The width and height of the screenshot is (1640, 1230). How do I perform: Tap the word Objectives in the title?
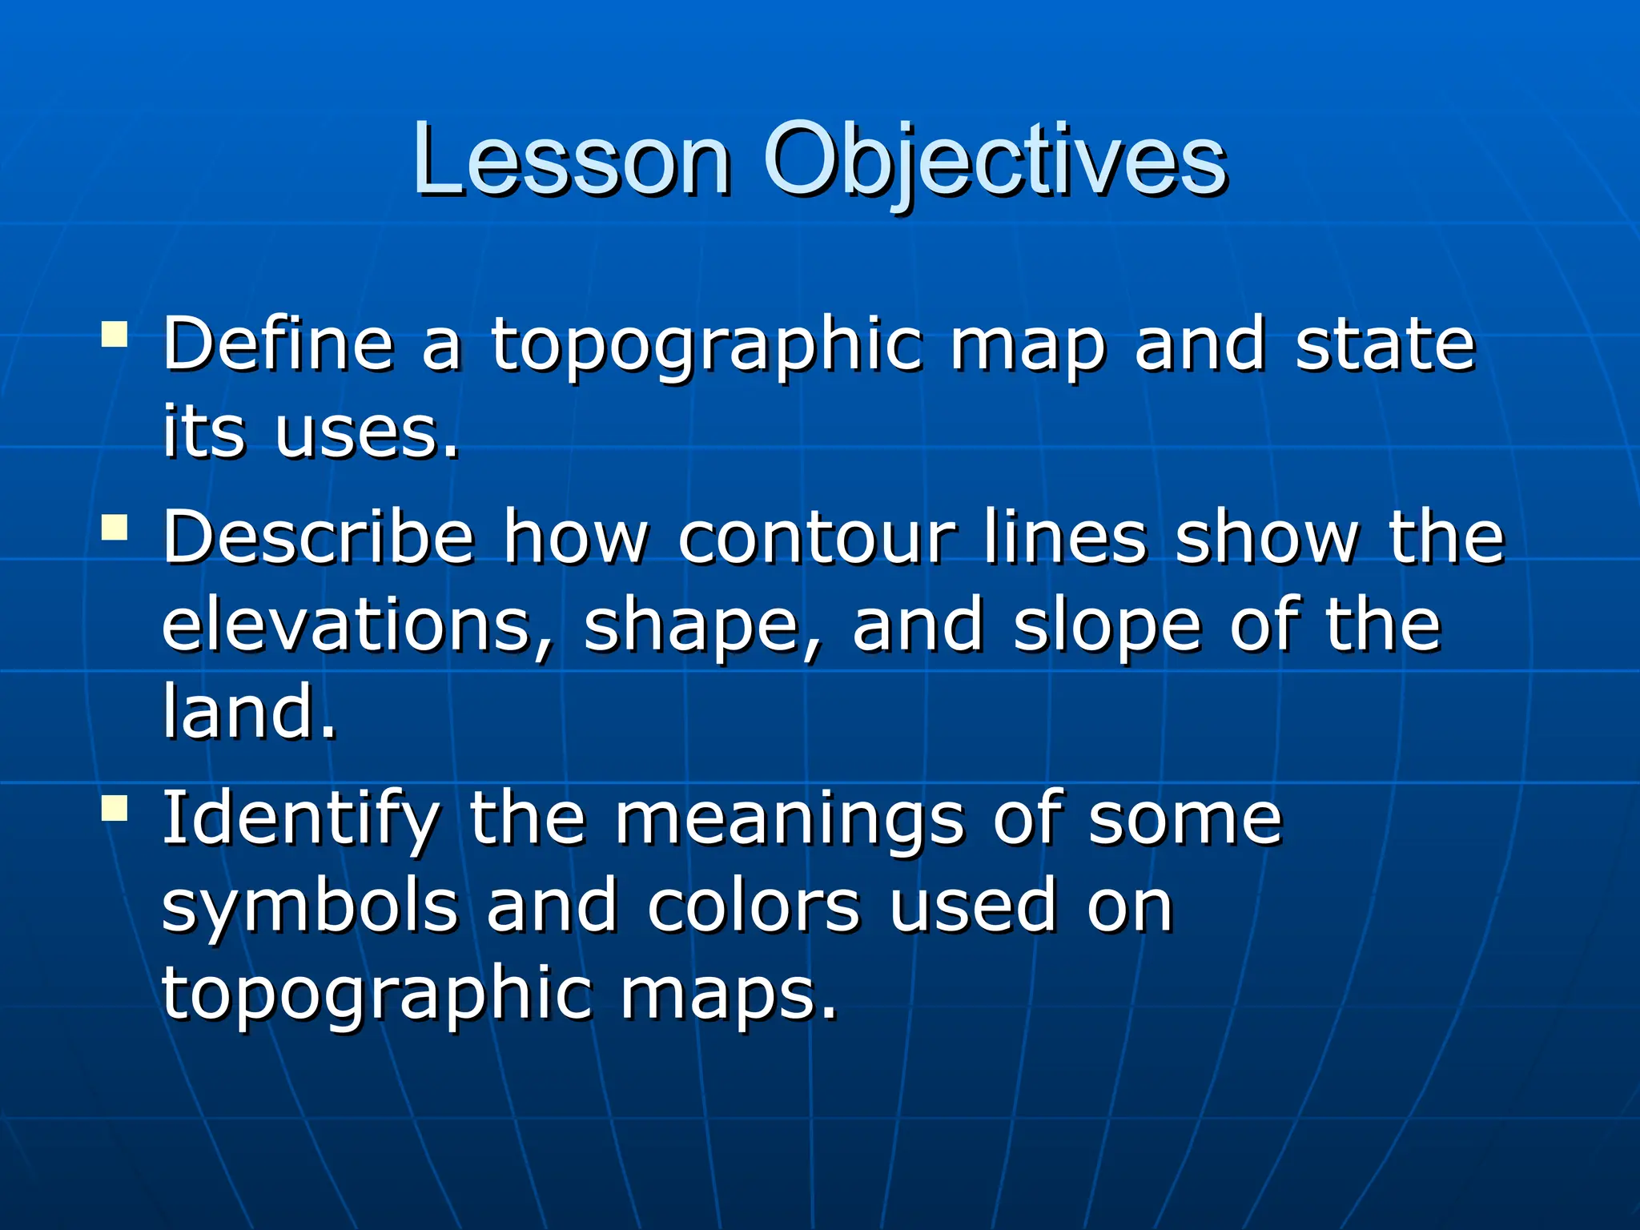pos(995,160)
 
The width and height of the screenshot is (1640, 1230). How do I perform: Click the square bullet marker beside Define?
pos(115,334)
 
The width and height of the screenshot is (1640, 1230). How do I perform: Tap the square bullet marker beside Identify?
pos(115,809)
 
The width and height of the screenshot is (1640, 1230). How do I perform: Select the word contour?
pos(817,538)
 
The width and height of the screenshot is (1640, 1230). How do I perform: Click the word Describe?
pos(319,538)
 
